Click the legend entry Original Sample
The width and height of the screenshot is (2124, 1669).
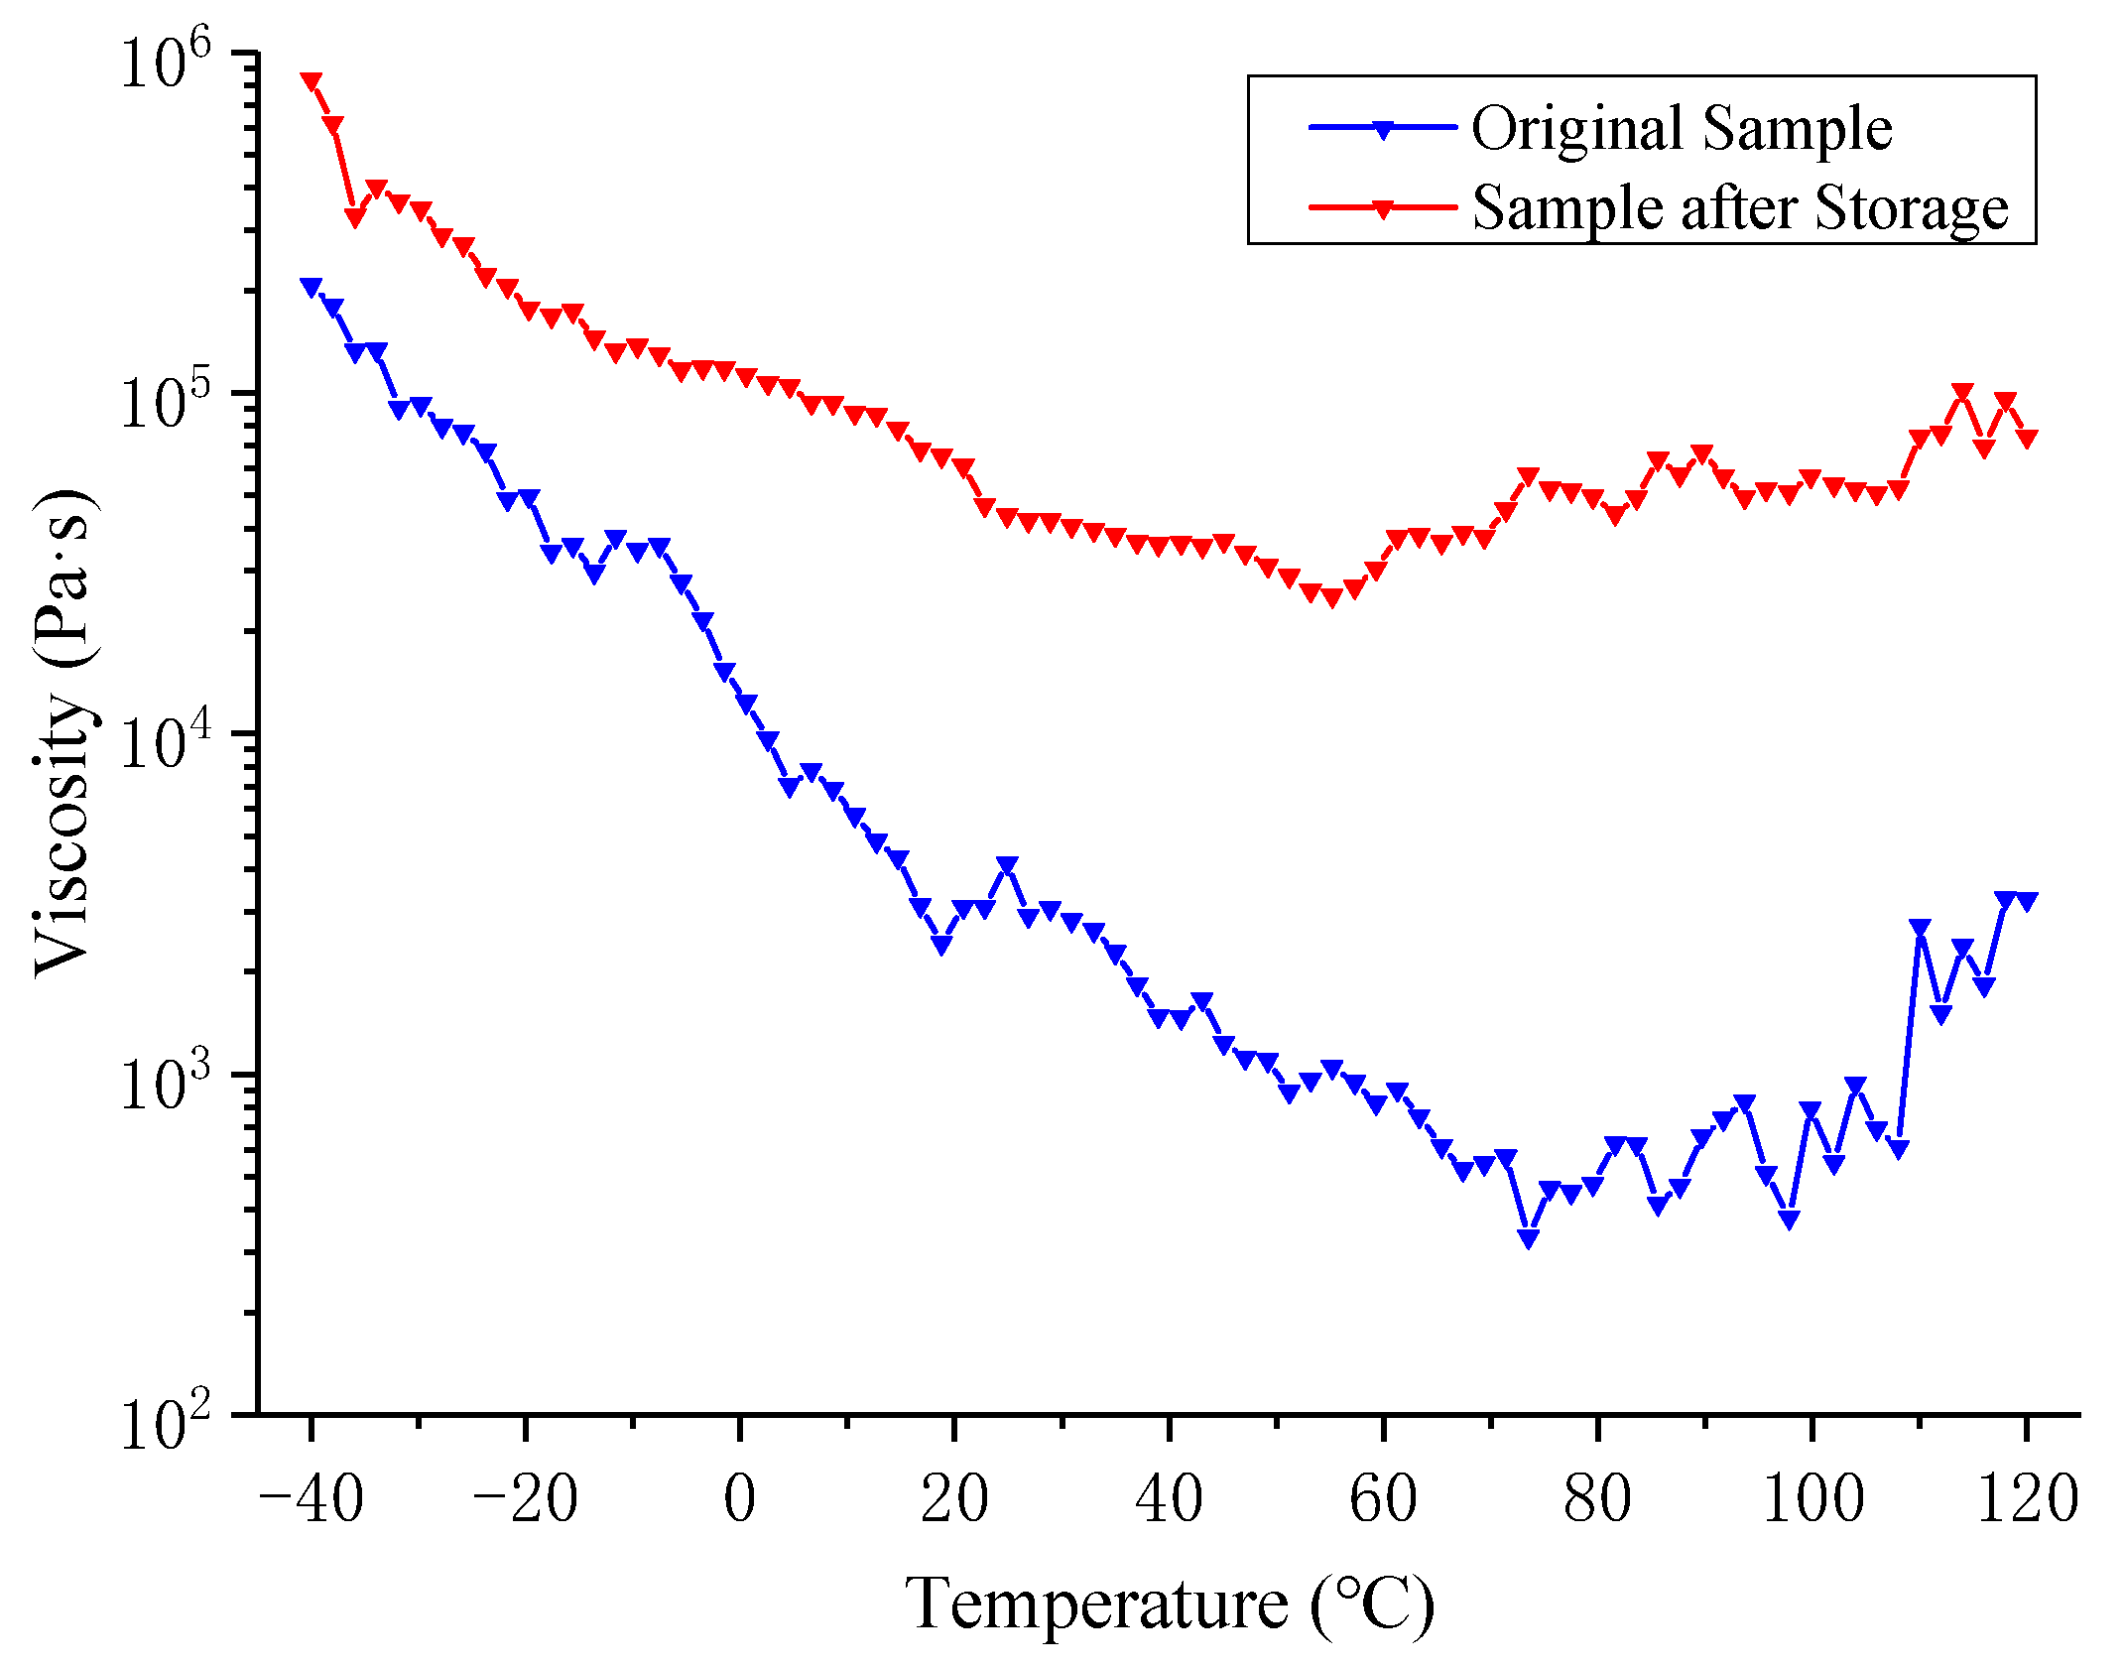[x=1681, y=129]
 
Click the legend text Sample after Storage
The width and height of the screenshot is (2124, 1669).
[x=1739, y=208]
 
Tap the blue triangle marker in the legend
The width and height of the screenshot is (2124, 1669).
[x=1383, y=128]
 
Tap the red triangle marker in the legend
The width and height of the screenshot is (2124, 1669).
[x=1383, y=207]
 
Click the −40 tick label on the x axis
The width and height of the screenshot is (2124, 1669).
[x=311, y=1498]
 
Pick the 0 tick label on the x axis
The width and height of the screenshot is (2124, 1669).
[x=740, y=1498]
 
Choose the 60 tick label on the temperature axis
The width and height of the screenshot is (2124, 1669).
[x=1383, y=1498]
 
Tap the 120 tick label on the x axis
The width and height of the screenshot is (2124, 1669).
[x=2027, y=1498]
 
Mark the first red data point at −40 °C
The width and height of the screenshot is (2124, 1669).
[x=312, y=81]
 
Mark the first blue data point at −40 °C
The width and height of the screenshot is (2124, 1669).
[x=312, y=287]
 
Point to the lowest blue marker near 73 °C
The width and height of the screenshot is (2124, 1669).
[x=1528, y=1237]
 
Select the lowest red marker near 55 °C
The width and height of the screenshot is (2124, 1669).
[x=1331, y=596]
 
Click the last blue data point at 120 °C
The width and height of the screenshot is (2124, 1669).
[x=2027, y=901]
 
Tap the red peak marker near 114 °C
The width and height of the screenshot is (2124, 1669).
[x=1962, y=393]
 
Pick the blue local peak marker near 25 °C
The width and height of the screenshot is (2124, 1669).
[x=1007, y=866]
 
